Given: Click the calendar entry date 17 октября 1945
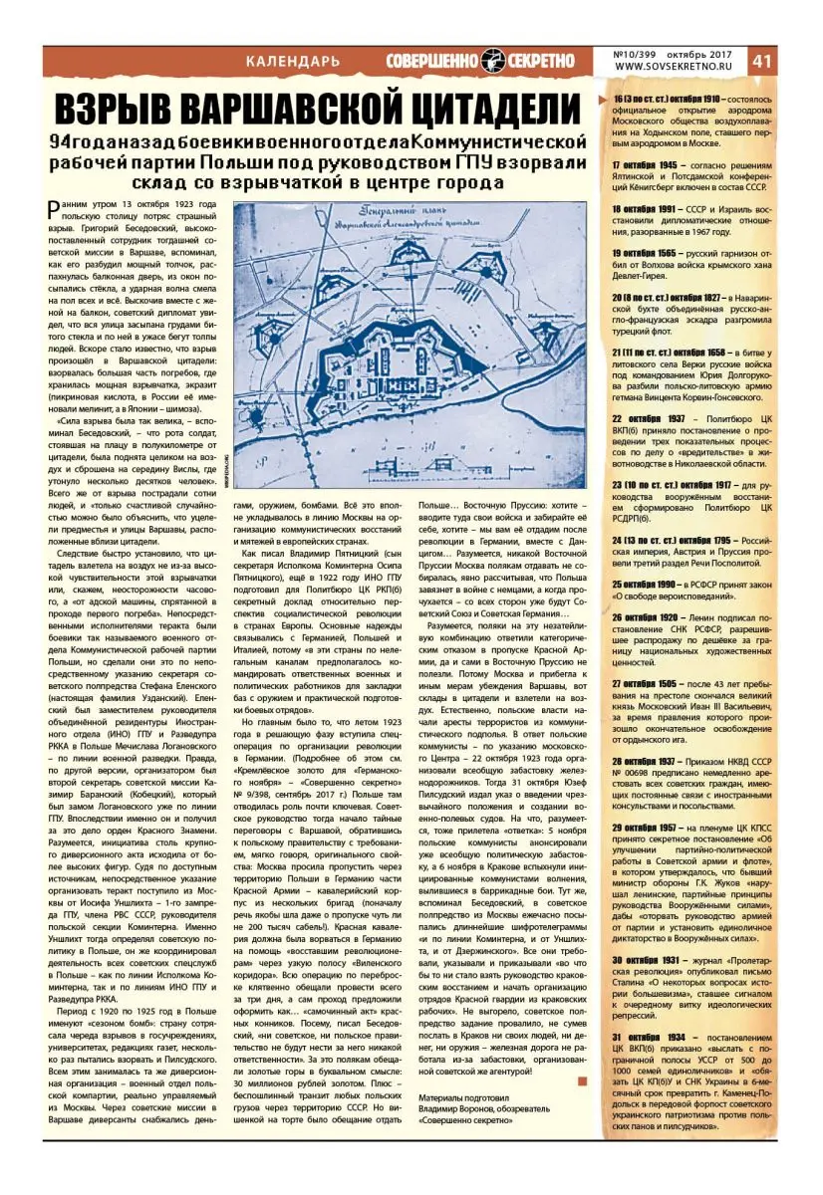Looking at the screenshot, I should point(645,163).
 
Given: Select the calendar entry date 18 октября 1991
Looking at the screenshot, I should point(645,209).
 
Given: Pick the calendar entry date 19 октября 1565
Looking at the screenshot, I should point(645,254).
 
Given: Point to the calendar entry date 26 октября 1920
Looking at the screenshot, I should point(645,617).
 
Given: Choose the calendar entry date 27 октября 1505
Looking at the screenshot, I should point(645,683).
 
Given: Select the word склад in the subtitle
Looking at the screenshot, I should point(224,183).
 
